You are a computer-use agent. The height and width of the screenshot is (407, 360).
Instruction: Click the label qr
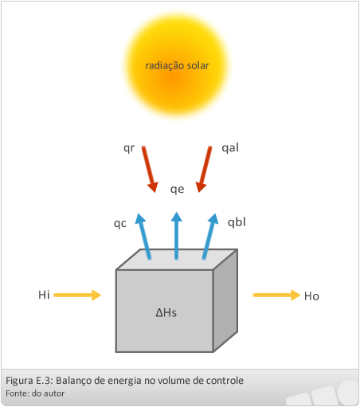[129, 148]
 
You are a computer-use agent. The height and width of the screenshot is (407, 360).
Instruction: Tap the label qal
[230, 147]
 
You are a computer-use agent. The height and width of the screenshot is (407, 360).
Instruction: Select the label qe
[177, 190]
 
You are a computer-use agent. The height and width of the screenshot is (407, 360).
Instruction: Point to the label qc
[120, 224]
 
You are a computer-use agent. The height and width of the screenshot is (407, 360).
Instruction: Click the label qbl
[237, 222]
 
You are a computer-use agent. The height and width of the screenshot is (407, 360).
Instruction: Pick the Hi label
[44, 295]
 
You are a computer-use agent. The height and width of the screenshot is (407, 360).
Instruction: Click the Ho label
[311, 296]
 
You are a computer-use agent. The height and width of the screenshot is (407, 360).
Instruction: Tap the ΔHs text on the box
[166, 313]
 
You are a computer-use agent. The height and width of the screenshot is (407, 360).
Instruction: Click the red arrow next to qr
[150, 169]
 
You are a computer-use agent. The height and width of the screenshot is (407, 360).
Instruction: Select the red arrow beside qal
[204, 169]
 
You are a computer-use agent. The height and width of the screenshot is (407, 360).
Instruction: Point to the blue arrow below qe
[177, 235]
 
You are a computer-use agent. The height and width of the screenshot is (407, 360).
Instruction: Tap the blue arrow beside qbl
[210, 236]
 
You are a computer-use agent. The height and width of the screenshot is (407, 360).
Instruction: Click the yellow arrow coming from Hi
[77, 295]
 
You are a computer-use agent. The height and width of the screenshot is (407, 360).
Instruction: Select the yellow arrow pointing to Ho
[276, 295]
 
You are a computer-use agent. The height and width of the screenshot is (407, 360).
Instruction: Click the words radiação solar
[177, 65]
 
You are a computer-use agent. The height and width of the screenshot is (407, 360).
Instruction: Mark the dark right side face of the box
[225, 300]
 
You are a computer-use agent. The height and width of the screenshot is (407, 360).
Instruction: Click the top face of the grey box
[177, 260]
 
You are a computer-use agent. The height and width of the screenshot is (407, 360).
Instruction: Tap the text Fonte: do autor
[35, 393]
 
